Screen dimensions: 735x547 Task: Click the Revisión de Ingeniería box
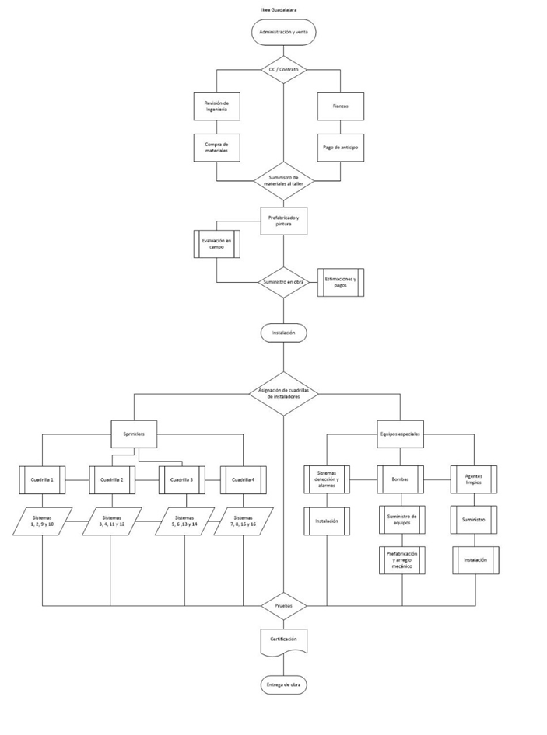(x=216, y=107)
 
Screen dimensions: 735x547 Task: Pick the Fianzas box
(x=341, y=107)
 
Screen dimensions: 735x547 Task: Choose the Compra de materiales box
(x=216, y=147)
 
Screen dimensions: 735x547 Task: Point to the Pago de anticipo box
(x=341, y=147)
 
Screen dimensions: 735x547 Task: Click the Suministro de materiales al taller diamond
(x=283, y=183)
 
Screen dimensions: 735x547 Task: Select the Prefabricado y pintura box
(x=283, y=221)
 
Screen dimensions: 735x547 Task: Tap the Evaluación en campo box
(x=216, y=246)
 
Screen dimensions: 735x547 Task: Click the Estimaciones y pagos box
(x=341, y=282)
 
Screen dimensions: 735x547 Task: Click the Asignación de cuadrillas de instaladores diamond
(x=283, y=393)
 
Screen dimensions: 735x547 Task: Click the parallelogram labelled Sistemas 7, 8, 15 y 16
(x=244, y=521)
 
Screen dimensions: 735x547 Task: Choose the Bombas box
(x=401, y=480)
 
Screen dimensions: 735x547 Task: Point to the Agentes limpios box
(x=475, y=480)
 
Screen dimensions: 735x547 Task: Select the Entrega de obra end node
(x=283, y=684)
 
